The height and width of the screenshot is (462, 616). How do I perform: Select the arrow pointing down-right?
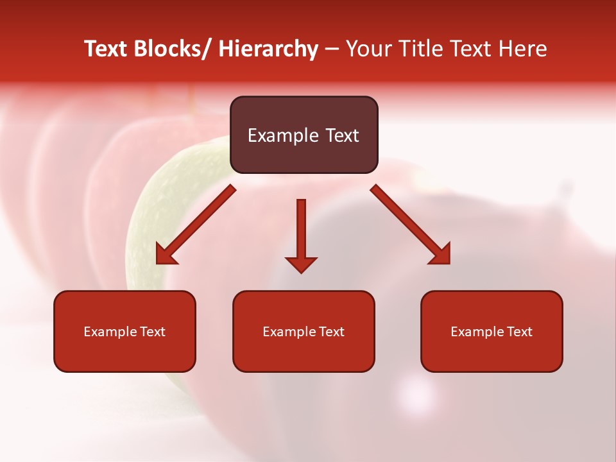(411, 225)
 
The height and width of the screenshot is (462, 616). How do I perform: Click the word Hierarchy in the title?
(268, 49)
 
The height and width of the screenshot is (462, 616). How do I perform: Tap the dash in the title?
(332, 49)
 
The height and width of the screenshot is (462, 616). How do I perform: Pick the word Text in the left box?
(151, 332)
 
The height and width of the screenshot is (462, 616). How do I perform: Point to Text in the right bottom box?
(518, 332)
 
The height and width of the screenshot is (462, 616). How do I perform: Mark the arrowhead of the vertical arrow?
(301, 264)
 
